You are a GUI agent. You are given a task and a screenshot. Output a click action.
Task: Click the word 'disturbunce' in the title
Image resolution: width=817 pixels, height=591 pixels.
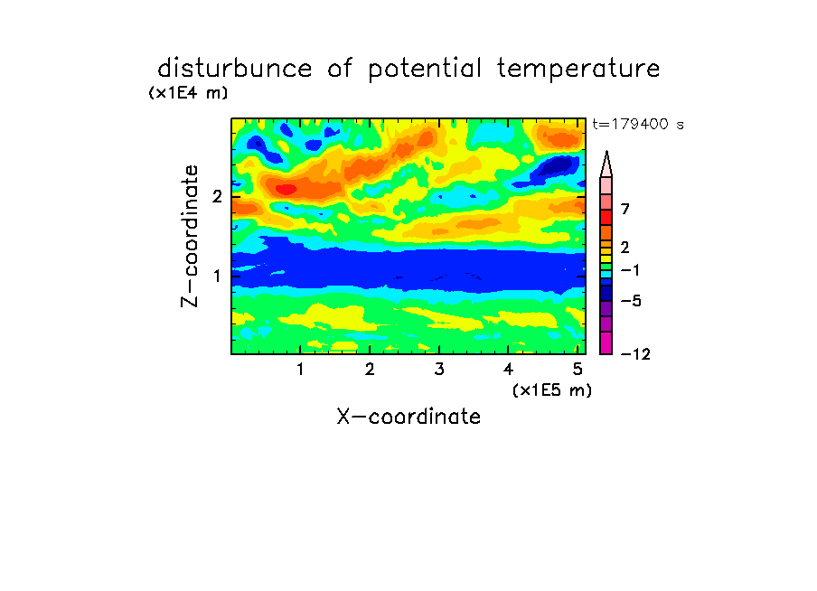pos(235,69)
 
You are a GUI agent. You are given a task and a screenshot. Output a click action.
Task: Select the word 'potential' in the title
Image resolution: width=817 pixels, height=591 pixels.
pos(425,70)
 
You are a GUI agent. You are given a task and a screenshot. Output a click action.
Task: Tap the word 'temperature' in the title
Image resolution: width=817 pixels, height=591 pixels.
pos(578,70)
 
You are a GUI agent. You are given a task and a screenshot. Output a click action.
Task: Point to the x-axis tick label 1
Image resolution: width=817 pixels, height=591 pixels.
pos(300,370)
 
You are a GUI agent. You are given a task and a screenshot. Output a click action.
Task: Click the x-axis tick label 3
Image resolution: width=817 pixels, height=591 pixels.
pos(439,370)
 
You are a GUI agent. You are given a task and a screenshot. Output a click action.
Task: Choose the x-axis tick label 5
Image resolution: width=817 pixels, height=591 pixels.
pos(578,370)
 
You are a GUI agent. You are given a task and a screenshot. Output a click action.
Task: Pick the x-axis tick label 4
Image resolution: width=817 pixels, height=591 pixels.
pos(509,370)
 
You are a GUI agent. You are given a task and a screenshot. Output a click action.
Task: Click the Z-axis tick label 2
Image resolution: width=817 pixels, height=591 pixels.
pos(217,197)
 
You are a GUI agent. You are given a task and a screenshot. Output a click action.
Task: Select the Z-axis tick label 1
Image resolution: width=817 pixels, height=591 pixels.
pos(217,276)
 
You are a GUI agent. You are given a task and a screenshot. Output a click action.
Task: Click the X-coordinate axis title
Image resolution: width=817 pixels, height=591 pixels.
pos(408,417)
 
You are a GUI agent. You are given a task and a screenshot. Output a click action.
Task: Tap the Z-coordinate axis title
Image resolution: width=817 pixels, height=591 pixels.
pos(190,236)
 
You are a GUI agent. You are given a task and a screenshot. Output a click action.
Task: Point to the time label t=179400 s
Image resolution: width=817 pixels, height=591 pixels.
pos(638,125)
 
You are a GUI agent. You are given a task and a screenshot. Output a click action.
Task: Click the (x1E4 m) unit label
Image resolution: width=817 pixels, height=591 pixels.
pos(188,93)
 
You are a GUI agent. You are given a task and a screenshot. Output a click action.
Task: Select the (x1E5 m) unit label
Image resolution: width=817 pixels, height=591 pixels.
pos(552,390)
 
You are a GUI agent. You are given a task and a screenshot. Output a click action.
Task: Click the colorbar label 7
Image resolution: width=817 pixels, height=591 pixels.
pos(625,209)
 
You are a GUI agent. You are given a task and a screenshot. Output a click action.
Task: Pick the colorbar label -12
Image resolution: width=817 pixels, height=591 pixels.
pos(635,354)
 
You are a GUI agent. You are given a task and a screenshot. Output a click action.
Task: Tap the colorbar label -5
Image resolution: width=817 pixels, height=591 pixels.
pos(631,301)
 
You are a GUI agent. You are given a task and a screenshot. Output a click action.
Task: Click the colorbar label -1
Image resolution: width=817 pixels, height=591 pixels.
pos(630,270)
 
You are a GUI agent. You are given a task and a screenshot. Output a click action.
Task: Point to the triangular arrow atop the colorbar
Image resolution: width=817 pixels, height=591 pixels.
pos(606,164)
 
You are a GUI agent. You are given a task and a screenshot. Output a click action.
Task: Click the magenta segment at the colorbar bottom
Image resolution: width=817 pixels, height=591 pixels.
pos(606,342)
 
